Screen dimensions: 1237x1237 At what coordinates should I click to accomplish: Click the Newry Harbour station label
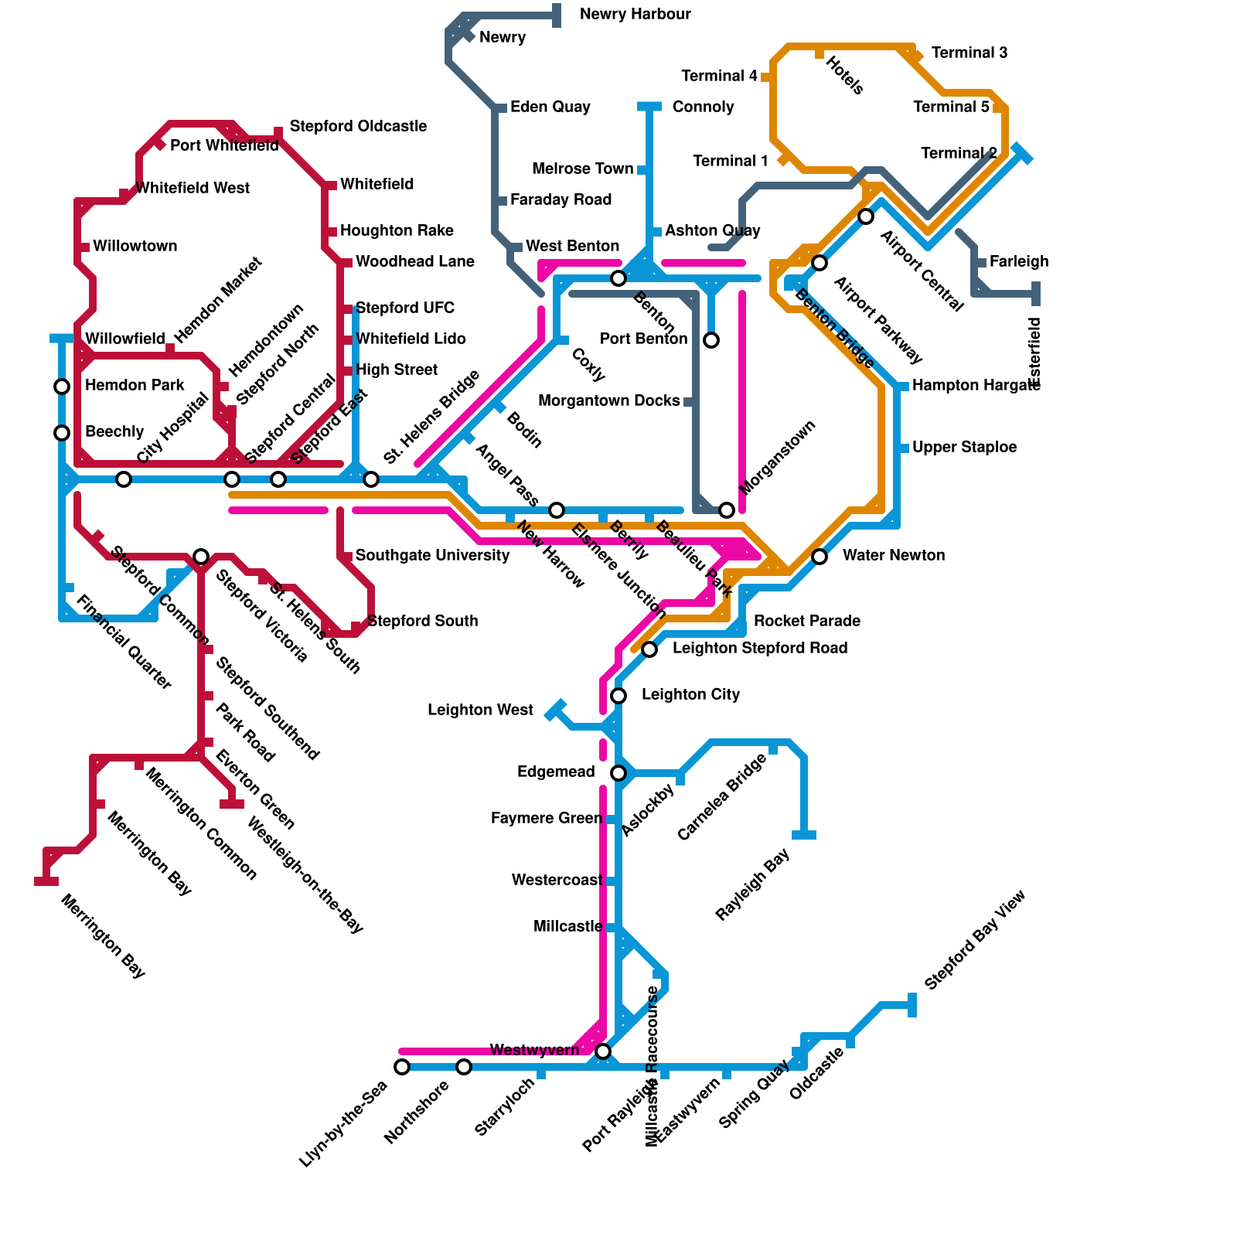(x=635, y=15)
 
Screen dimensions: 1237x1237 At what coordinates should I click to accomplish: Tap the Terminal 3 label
(x=969, y=53)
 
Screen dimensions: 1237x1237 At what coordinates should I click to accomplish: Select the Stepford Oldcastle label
(x=358, y=126)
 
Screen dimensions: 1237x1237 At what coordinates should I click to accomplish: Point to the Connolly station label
(x=703, y=107)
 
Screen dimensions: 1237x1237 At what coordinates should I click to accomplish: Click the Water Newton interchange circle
(x=820, y=557)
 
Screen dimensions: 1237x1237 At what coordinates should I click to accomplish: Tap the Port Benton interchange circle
(x=711, y=340)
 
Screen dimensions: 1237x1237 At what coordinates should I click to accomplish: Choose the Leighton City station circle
(x=618, y=696)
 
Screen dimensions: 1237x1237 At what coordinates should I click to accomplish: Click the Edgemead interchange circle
(x=618, y=773)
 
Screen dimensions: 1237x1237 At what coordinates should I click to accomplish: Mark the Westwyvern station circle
(x=603, y=1051)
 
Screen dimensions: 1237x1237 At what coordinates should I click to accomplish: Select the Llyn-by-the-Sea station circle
(x=402, y=1067)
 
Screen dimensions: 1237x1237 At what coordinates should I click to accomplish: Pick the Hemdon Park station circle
(x=62, y=387)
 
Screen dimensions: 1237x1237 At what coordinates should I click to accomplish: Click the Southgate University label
(x=432, y=556)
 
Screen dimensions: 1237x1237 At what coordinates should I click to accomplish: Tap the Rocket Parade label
(x=806, y=621)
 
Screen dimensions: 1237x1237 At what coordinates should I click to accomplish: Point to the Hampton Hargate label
(x=976, y=386)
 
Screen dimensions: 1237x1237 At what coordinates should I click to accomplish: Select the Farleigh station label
(x=1018, y=262)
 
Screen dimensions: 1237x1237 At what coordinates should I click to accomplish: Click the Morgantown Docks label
(x=608, y=401)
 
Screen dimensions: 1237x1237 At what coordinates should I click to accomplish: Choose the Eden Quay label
(x=550, y=107)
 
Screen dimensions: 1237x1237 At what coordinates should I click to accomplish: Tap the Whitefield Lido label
(x=411, y=339)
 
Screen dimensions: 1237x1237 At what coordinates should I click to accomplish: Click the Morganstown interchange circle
(x=727, y=510)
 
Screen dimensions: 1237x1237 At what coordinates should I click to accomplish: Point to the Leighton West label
(x=480, y=711)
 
